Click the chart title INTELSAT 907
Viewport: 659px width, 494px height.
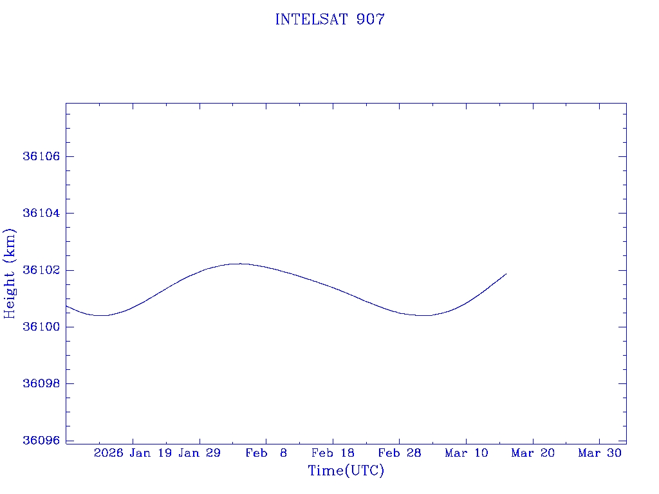point(329,20)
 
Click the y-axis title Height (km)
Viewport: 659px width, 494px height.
point(10,273)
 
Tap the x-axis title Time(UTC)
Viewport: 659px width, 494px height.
point(346,471)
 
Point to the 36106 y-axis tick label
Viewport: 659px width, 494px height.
point(40,157)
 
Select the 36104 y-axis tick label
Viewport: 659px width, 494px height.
point(40,214)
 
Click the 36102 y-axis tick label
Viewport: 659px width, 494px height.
point(40,270)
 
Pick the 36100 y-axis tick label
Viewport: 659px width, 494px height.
point(40,327)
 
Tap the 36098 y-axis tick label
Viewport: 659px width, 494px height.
point(40,383)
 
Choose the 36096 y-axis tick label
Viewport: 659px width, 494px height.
point(40,441)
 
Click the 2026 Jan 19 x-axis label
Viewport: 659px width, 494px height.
point(132,453)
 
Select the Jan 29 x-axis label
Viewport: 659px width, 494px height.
point(200,453)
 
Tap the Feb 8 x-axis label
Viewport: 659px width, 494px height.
point(266,453)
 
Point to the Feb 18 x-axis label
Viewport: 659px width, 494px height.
point(333,453)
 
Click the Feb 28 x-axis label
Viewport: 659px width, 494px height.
point(399,453)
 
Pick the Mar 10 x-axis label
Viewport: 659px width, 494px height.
point(466,453)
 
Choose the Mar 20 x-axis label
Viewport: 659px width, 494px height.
point(533,453)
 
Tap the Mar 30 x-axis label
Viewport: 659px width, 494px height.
point(599,453)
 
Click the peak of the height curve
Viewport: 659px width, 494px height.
point(240,264)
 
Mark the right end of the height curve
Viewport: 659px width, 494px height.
point(506,274)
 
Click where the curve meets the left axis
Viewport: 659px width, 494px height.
point(66,306)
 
